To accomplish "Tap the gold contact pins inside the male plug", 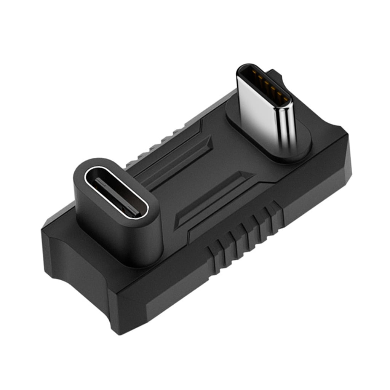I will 267,86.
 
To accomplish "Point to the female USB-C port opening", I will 116,192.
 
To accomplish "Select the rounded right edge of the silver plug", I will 288,126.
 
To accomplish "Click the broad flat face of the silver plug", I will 259,110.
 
